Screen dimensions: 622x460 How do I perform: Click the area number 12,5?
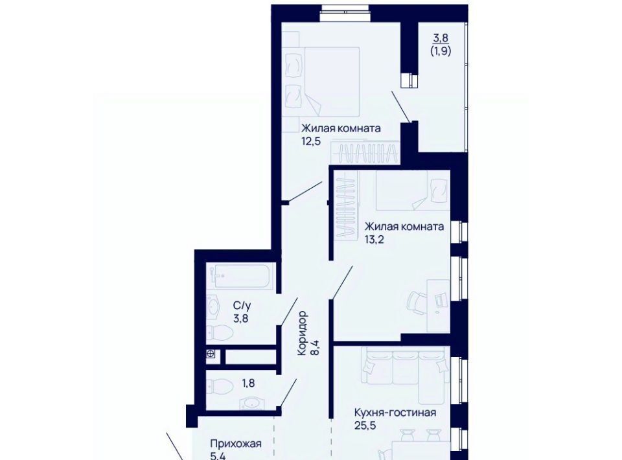point(310,142)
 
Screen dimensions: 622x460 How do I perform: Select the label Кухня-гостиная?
point(395,413)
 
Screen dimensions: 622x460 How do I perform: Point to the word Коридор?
point(303,334)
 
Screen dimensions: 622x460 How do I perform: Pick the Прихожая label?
point(236,443)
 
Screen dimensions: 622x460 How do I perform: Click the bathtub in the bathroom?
point(241,277)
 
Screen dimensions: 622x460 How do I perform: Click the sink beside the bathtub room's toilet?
point(213,308)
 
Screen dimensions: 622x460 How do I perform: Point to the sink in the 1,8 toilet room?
point(252,404)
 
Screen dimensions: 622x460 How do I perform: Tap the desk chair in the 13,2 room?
point(417,305)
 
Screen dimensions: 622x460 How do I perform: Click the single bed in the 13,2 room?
point(413,190)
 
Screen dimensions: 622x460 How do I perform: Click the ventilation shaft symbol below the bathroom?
point(211,354)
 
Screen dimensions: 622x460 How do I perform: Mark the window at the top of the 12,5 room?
point(346,12)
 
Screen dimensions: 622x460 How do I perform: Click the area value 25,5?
point(365,426)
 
